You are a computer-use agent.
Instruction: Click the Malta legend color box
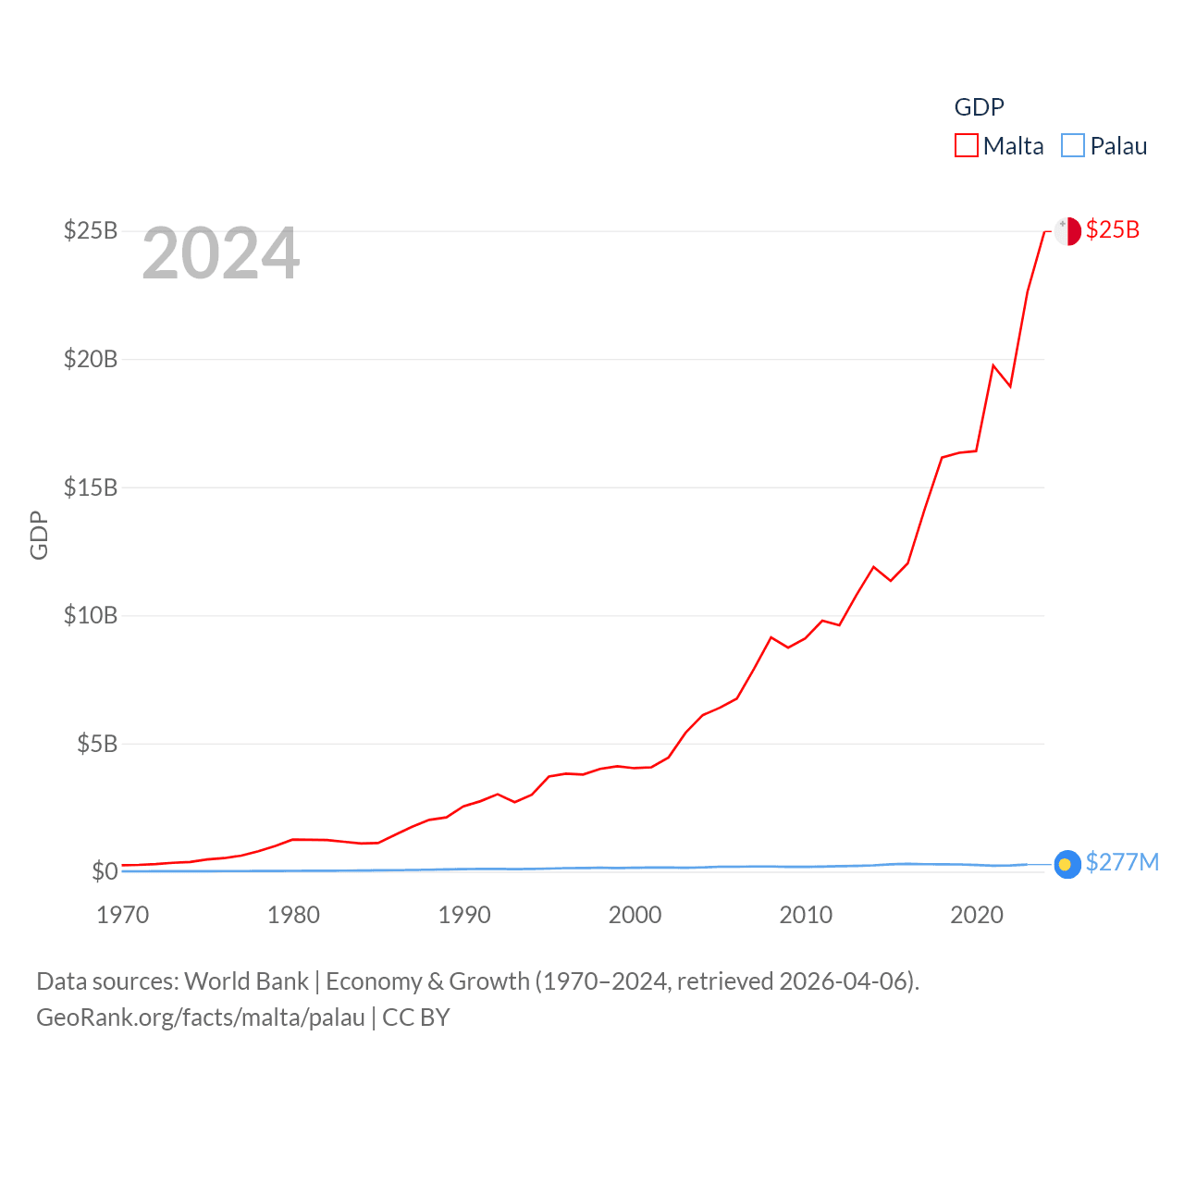click(x=967, y=146)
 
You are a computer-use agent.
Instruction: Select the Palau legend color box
click(x=1073, y=146)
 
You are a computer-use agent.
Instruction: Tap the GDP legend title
click(x=979, y=107)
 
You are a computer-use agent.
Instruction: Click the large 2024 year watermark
click(x=221, y=253)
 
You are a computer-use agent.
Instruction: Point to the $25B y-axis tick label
click(x=91, y=230)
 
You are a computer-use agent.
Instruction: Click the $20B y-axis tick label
click(x=91, y=359)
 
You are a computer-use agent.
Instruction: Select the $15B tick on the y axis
click(x=91, y=487)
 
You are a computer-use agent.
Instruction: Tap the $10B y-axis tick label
click(x=91, y=615)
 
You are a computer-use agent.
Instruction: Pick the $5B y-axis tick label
click(x=97, y=744)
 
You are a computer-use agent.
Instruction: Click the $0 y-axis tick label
click(x=105, y=871)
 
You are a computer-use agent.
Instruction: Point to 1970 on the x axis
click(x=123, y=915)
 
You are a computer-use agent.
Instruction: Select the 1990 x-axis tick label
click(x=464, y=915)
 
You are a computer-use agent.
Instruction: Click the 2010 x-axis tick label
click(x=806, y=915)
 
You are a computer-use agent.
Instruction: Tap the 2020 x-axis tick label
click(x=977, y=915)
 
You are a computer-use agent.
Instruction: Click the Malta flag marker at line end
click(x=1067, y=231)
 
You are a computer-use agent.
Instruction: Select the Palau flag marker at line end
click(x=1067, y=864)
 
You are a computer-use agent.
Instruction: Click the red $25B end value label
click(x=1113, y=229)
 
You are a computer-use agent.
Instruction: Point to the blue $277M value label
click(x=1122, y=862)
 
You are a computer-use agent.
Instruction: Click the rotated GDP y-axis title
click(x=39, y=535)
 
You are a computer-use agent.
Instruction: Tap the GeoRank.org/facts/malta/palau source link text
click(x=201, y=1017)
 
